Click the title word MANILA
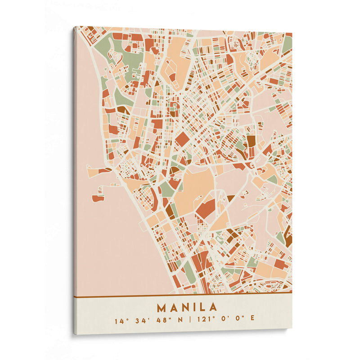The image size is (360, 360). click(187, 308)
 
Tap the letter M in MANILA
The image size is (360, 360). click(161, 308)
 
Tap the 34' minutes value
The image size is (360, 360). click(138, 320)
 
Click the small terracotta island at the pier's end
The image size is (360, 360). click(98, 198)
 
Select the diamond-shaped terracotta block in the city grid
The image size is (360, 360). click(182, 139)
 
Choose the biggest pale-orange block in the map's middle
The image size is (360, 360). click(194, 184)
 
